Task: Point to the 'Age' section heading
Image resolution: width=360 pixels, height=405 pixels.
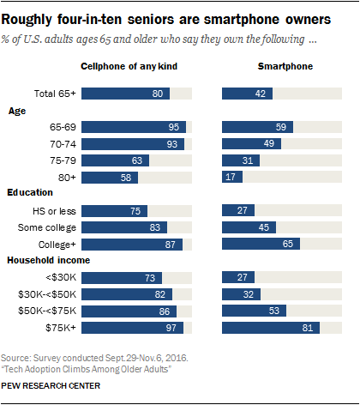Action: pyautogui.click(x=18, y=111)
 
